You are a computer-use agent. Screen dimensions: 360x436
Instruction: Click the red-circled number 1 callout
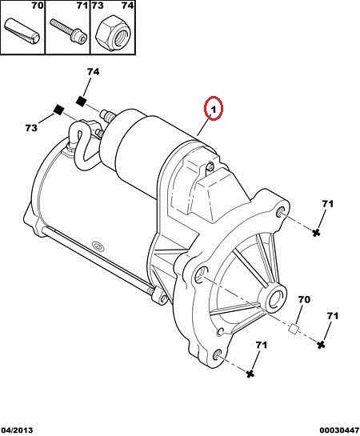point(214,109)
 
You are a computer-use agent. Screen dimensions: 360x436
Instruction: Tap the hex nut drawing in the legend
point(113,34)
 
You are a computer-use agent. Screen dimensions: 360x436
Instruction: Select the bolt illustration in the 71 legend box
point(69,31)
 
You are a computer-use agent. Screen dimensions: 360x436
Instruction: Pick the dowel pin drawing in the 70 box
point(22,31)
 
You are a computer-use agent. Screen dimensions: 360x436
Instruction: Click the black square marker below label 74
point(82,101)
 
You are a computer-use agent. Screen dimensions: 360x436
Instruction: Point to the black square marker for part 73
point(58,110)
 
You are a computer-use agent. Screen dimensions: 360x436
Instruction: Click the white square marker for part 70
point(294,329)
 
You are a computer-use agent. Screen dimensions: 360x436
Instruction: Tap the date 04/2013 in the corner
point(17,430)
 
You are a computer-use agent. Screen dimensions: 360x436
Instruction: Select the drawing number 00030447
point(339,430)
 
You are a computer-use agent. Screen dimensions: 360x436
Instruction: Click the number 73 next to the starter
point(31,128)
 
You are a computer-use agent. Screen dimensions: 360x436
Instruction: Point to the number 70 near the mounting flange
point(304,299)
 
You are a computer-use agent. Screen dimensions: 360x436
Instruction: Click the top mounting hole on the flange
point(281,213)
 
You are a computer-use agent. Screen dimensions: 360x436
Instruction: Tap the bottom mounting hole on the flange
point(218,356)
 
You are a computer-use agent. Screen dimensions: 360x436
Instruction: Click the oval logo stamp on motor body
point(98,246)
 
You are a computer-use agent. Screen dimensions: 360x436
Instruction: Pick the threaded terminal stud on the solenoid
point(106,115)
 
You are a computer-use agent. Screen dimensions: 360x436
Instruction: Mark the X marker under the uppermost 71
point(315,233)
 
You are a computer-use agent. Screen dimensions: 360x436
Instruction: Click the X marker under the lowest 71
point(250,374)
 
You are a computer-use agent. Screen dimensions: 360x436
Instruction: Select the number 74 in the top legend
point(127,6)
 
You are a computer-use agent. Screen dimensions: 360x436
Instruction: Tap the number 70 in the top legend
point(38,6)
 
